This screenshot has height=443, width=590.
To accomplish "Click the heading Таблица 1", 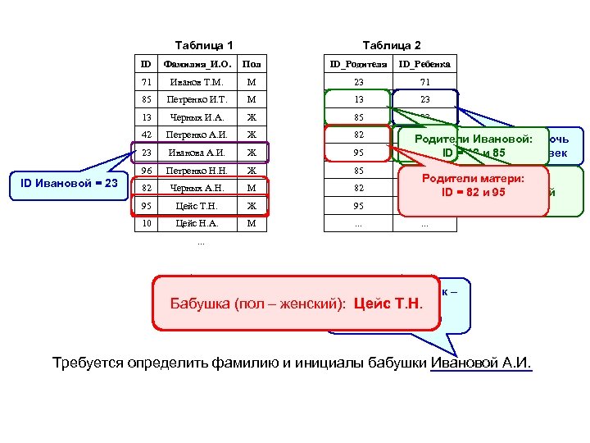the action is point(204,45).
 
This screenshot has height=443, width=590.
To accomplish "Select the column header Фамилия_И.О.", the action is point(197,64).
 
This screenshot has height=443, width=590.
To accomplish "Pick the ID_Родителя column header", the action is point(357,64).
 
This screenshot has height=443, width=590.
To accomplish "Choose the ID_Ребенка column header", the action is point(424,64).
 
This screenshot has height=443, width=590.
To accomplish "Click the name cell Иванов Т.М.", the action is point(197,82).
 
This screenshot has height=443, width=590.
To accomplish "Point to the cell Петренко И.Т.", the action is point(197,99).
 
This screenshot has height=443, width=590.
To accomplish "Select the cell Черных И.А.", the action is point(197,116).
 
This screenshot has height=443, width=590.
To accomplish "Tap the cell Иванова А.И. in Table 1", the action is point(197,153).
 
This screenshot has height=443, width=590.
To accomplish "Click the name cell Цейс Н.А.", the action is point(197,223).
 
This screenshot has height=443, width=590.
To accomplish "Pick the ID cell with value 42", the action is point(147,135).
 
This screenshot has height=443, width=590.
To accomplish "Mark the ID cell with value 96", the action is point(147,171).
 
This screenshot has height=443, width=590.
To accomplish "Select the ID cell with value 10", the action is point(147,223).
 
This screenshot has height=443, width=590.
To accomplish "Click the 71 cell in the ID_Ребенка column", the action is point(424,82).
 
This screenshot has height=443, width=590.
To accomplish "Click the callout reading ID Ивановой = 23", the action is point(70,182).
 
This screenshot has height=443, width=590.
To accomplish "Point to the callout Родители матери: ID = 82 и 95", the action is point(473,185).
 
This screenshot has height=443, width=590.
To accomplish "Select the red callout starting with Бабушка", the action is point(296,304).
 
